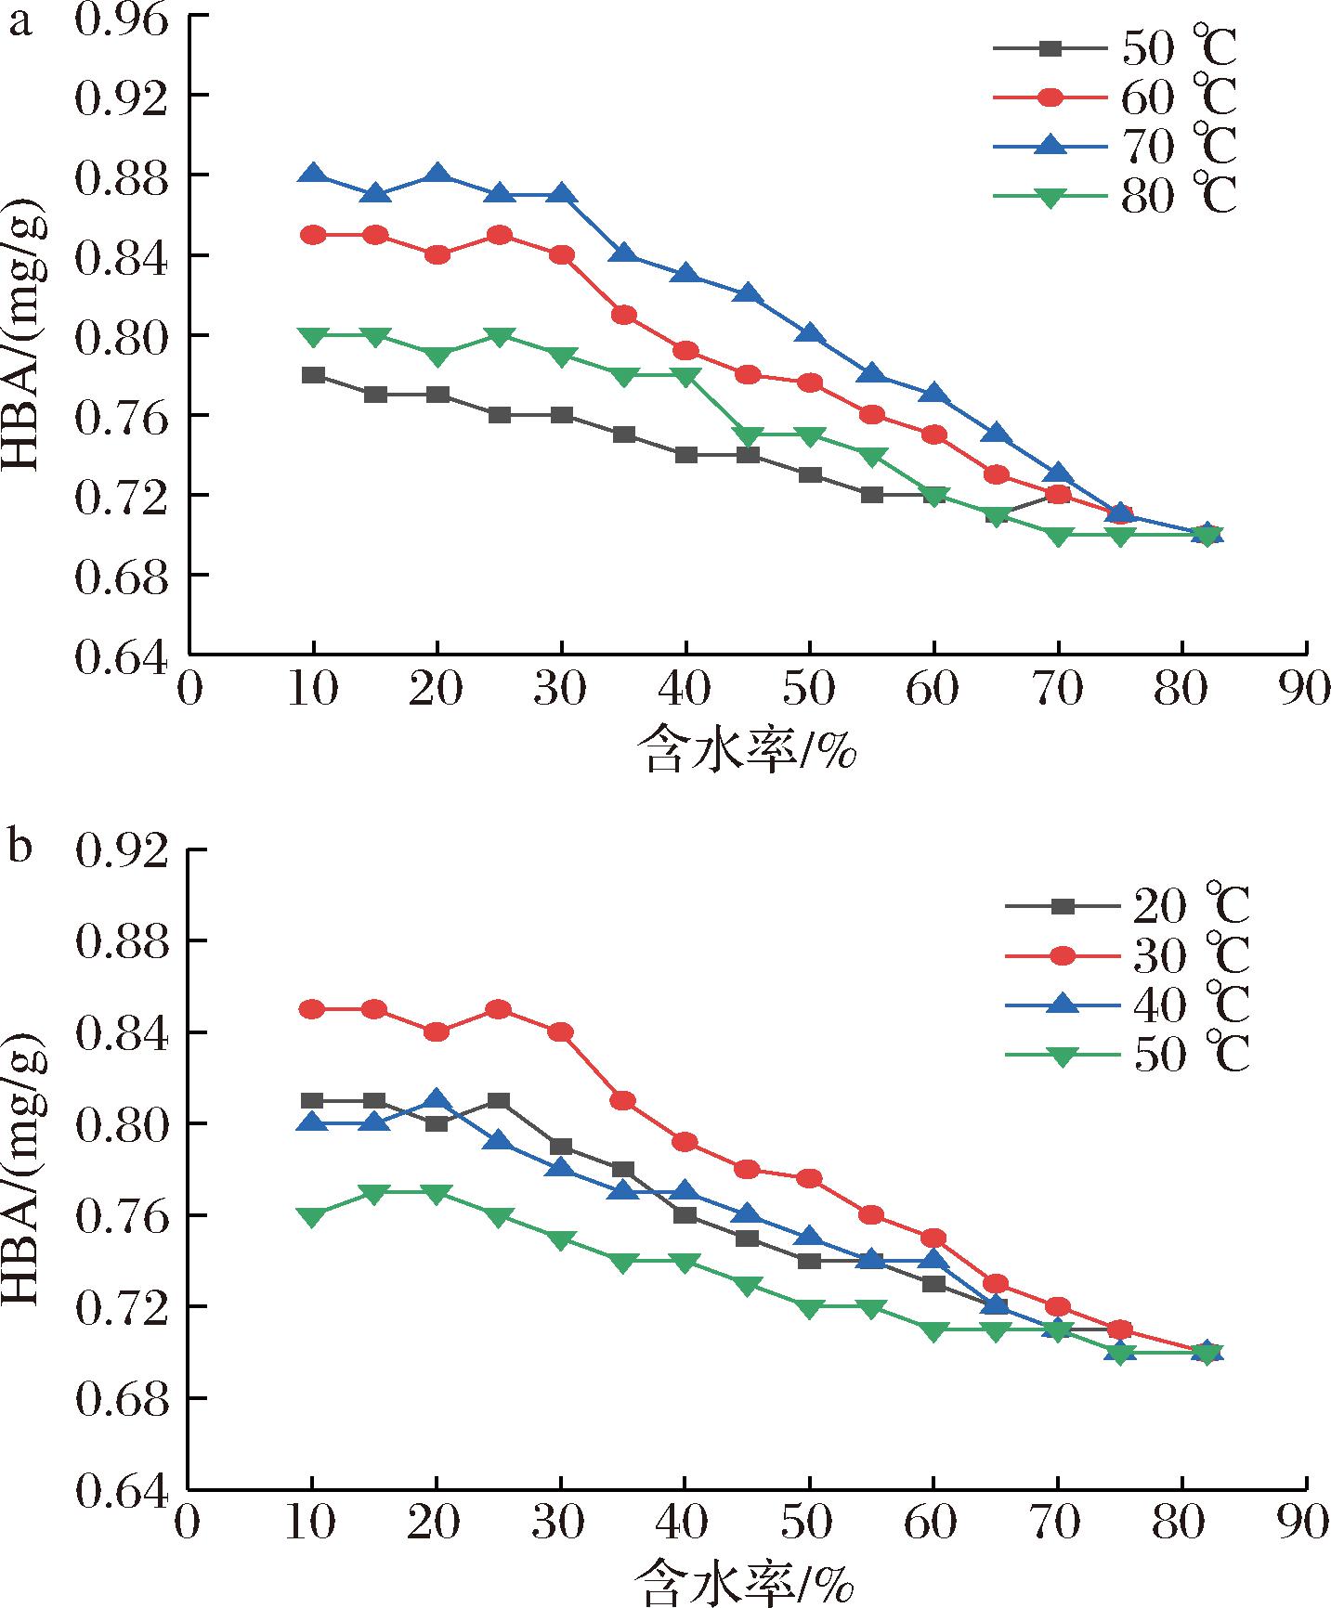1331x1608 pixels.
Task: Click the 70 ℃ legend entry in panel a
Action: pos(1115,146)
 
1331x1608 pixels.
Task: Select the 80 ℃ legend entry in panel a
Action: pos(1115,196)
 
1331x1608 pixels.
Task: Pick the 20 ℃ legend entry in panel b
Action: pos(1127,906)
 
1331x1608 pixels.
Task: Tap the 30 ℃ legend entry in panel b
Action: pos(1127,955)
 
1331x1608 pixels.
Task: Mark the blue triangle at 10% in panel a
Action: pos(313,174)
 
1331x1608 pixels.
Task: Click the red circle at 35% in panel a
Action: pos(624,315)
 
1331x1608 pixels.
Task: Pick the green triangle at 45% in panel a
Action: pos(749,435)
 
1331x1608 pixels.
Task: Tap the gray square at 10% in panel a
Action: pos(313,375)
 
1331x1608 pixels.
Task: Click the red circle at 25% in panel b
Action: pos(499,1009)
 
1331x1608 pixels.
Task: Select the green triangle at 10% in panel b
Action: pos(313,1216)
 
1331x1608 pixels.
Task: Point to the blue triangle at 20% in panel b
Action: pos(437,1100)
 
